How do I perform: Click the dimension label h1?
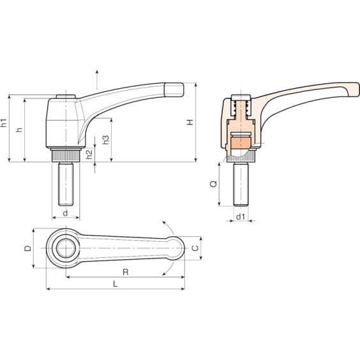(5, 124)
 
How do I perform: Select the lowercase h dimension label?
(19, 130)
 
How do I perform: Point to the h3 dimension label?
(106, 139)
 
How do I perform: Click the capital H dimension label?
(190, 122)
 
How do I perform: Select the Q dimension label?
(214, 183)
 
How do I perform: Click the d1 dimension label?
(240, 217)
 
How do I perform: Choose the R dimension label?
(125, 272)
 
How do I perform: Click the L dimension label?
(115, 284)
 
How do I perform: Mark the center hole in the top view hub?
(63, 248)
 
